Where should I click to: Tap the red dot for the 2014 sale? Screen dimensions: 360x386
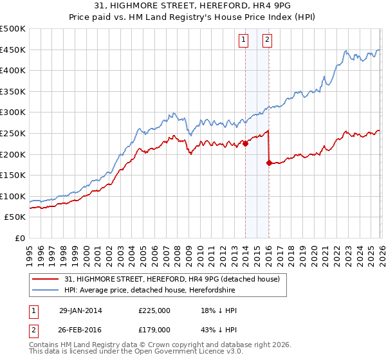coord(245,144)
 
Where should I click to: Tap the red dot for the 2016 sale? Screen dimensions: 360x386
coord(269,163)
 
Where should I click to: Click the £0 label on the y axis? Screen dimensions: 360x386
coord(19,238)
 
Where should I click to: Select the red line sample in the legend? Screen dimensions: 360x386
coord(46,279)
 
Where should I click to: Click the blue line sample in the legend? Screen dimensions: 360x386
coord(46,290)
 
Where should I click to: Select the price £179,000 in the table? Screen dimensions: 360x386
coord(154,329)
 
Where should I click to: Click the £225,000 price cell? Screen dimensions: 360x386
coord(154,310)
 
